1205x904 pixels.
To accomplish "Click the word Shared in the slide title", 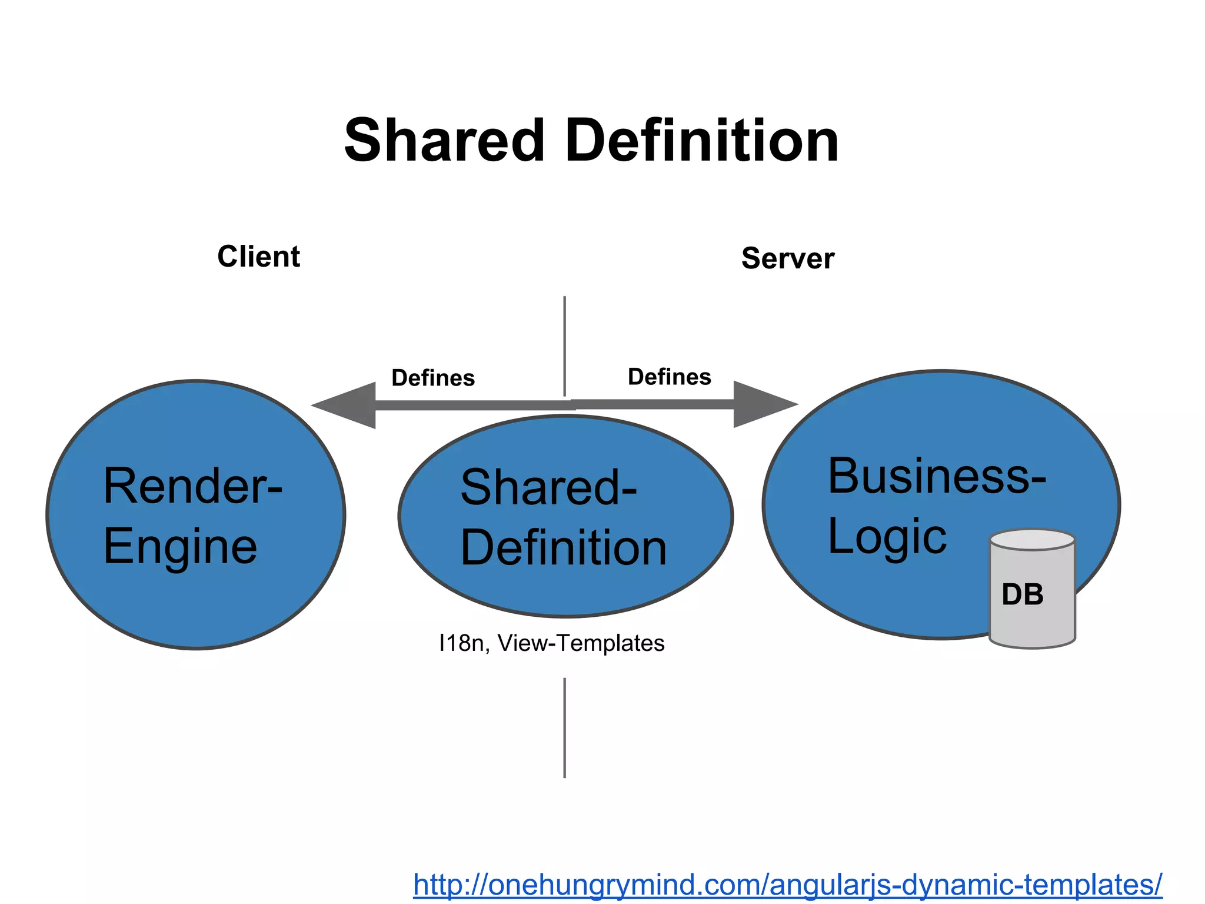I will click(x=444, y=141).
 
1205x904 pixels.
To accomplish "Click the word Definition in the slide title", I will click(x=701, y=141).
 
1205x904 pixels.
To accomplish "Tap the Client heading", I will click(x=259, y=257).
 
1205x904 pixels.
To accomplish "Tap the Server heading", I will click(x=788, y=259).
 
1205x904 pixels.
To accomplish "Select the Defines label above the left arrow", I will click(x=433, y=378).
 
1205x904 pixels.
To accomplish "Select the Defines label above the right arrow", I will click(x=670, y=377).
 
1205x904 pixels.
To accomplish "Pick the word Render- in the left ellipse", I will click(x=193, y=486).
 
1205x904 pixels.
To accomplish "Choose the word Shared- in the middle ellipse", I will click(x=548, y=487).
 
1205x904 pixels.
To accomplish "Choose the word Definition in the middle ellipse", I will click(x=564, y=549).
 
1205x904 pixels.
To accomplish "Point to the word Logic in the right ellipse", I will click(x=887, y=537).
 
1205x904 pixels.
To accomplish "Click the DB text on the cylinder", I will click(x=1023, y=594).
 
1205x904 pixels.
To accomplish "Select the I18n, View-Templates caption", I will click(x=551, y=643).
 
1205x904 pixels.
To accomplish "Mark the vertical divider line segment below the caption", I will click(x=565, y=728).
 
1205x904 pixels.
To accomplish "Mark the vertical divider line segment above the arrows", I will click(x=565, y=344).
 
